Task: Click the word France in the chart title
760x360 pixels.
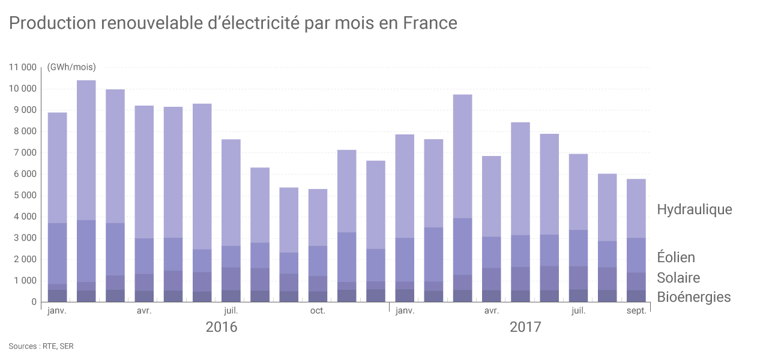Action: coord(430,23)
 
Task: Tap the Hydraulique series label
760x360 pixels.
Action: coord(695,209)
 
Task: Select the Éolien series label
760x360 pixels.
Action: coord(676,257)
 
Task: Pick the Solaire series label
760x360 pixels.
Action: coord(678,278)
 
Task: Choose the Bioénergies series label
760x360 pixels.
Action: coord(694,297)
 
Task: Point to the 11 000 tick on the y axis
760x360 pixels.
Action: coord(23,67)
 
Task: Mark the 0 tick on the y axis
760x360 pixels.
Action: coord(34,302)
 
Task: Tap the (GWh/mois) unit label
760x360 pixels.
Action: coord(71,67)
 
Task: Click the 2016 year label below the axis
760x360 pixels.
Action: coord(222,328)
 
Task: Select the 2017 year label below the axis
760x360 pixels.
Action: coord(525,328)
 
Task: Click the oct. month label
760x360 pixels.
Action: coord(318,311)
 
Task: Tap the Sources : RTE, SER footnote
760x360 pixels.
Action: coord(41,346)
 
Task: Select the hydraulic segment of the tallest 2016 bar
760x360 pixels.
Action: coord(86,150)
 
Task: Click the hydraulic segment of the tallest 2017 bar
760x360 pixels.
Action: coord(462,156)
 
